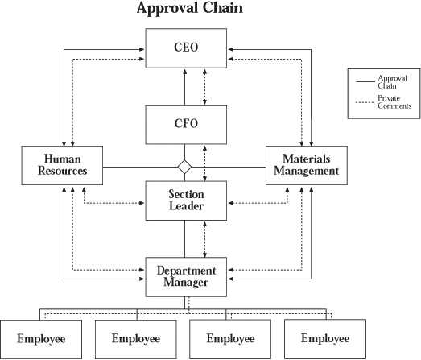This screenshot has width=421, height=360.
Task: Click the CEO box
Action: (186, 48)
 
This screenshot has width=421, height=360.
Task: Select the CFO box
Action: (186, 125)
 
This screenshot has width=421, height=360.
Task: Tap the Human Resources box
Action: (62, 165)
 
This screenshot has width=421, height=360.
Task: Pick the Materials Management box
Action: (307, 165)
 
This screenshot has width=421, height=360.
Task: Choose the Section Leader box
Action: (186, 201)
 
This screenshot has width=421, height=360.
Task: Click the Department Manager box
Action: (186, 277)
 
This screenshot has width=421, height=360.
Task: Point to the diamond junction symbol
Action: (184, 167)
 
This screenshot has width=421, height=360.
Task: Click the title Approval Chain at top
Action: (190, 8)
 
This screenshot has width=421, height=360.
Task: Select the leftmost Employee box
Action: (41, 339)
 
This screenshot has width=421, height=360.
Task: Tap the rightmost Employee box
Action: (325, 339)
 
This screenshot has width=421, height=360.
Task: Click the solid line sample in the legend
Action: (365, 81)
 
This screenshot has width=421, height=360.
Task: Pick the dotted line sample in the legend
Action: (365, 102)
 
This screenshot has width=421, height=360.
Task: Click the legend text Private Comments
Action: (394, 102)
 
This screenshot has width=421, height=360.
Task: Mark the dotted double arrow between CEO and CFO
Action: (204, 87)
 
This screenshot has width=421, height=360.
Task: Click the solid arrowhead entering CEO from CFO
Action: (184, 72)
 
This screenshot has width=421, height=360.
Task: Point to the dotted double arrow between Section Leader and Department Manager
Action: (204, 239)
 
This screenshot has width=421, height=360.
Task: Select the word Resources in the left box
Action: (62, 171)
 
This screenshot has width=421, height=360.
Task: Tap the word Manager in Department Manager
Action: (186, 283)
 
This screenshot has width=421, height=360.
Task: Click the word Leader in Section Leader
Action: (186, 206)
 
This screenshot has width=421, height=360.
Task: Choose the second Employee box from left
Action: (136, 339)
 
